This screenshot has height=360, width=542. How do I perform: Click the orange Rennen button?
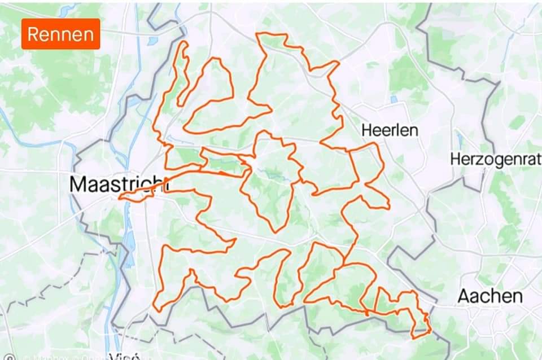(x=61, y=34)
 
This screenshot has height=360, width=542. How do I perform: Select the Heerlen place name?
(x=390, y=131)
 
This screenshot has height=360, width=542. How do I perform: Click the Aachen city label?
(x=489, y=296)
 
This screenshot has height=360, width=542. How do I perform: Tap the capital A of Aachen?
(x=464, y=296)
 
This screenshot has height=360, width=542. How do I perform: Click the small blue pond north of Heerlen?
(x=394, y=99)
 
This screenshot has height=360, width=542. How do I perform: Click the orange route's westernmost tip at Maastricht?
(x=120, y=197)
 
